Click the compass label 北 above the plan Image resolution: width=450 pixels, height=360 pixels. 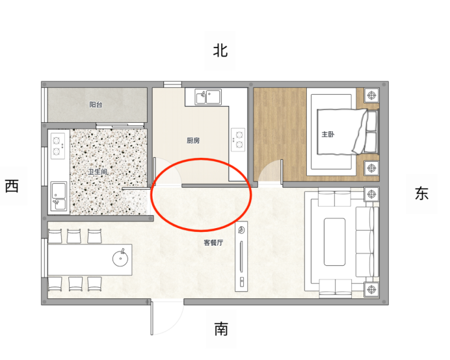[220, 51]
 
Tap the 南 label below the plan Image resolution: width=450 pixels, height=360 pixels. [221, 329]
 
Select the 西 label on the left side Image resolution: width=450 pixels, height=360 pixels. [12, 186]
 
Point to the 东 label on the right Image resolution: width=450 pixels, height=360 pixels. [421, 194]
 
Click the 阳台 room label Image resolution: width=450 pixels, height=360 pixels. [96, 105]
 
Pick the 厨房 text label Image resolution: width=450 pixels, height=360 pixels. [193, 140]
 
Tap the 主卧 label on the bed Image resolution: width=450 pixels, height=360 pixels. [328, 135]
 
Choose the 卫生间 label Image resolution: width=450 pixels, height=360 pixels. [98, 172]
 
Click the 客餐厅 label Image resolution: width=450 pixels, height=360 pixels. [213, 242]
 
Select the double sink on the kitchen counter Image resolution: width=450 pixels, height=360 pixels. [208, 97]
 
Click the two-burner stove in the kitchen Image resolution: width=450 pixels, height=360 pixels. [238, 140]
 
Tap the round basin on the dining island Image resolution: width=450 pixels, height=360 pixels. [120, 258]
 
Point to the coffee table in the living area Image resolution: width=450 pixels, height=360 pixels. [335, 242]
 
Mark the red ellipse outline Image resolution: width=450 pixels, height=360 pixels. [201, 159]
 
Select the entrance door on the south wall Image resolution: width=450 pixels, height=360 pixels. [152, 317]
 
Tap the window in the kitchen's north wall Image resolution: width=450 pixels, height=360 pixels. [172, 84]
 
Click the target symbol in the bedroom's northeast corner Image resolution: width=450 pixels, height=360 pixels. [372, 95]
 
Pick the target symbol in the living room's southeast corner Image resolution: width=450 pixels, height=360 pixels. [371, 289]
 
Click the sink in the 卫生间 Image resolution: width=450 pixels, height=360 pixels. [59, 197]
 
